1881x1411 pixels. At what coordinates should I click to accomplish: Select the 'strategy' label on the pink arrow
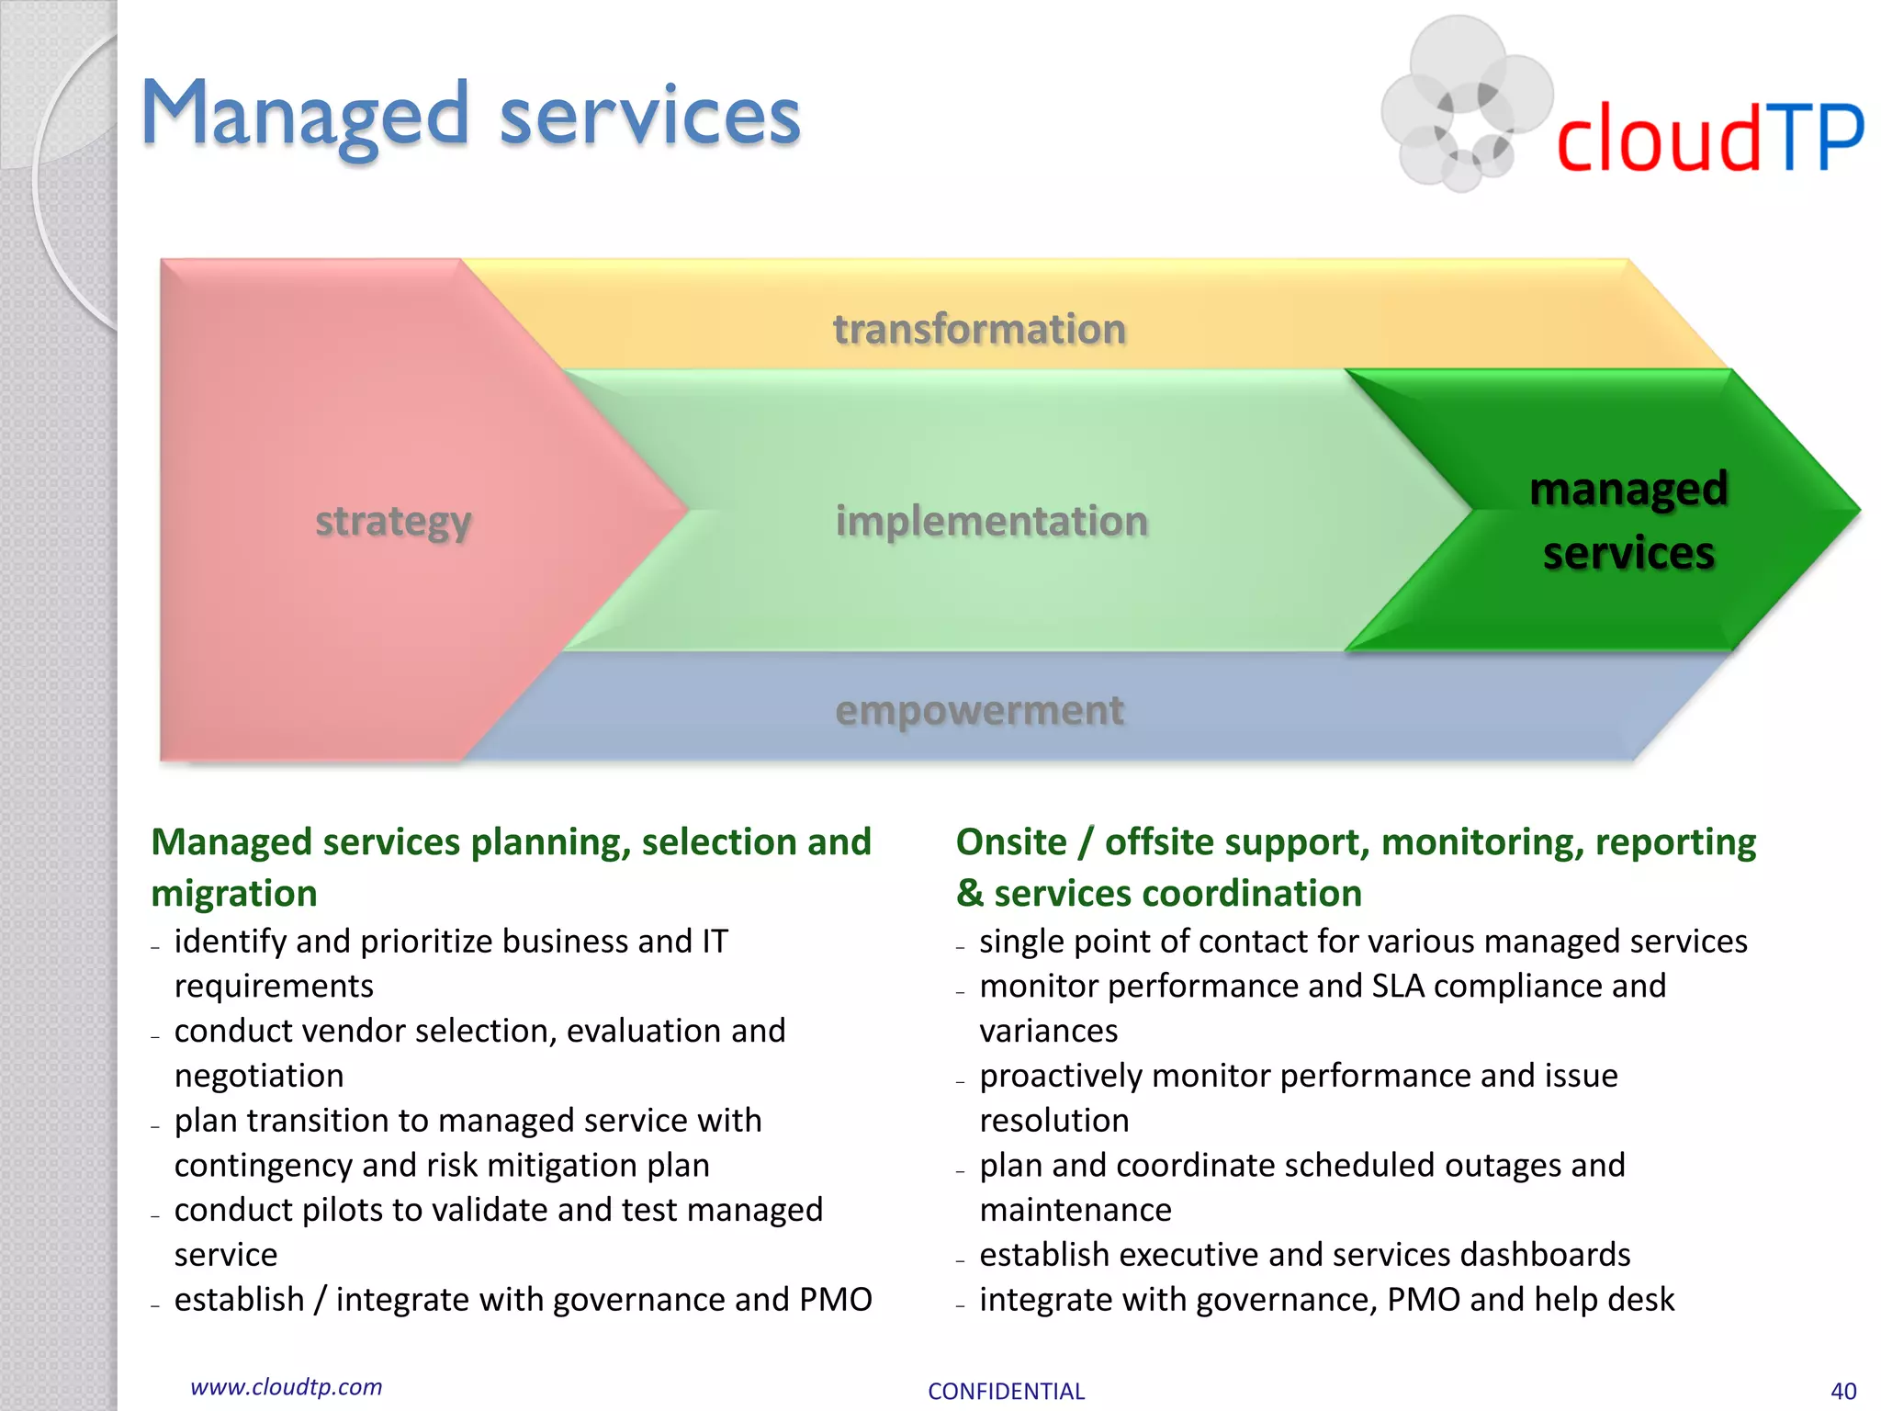pyautogui.click(x=393, y=521)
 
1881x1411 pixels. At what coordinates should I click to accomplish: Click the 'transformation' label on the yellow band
pyautogui.click(x=979, y=329)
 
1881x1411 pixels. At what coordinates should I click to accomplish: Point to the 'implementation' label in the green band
pyautogui.click(x=991, y=521)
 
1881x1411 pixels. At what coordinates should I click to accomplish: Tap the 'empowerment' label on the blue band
pyautogui.click(x=979, y=710)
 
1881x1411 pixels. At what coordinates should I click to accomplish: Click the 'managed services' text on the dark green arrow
pyautogui.click(x=1628, y=521)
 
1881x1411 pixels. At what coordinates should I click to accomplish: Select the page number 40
pyautogui.click(x=1842, y=1391)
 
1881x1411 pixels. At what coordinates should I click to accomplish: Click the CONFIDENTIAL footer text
pyautogui.click(x=1006, y=1391)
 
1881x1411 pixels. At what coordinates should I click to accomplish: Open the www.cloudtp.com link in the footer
pyautogui.click(x=286, y=1386)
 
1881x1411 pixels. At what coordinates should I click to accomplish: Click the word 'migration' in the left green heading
pyautogui.click(x=234, y=893)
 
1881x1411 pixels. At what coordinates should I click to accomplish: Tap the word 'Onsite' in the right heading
pyautogui.click(x=1011, y=841)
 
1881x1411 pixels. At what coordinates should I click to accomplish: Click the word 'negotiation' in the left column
pyautogui.click(x=259, y=1076)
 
